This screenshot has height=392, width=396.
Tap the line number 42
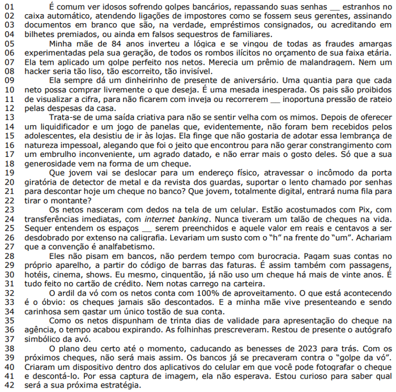[x=8, y=385]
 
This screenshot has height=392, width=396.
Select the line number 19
[x=8, y=172]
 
